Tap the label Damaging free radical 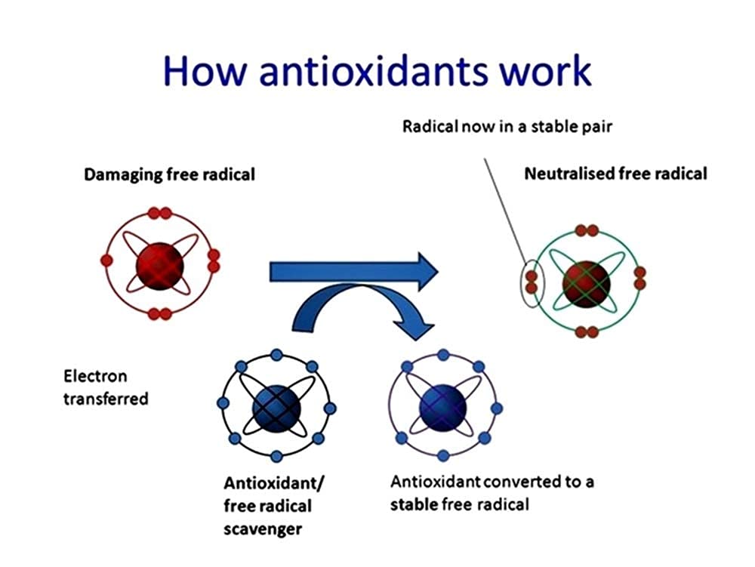coord(169,174)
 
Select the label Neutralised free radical coord(615,174)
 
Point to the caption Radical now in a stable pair coord(507,126)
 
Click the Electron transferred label coord(106,387)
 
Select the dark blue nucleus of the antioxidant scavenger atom coord(276,408)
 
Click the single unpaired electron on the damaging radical coord(106,260)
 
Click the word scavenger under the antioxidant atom coord(263,528)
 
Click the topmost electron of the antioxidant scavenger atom coord(276,353)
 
